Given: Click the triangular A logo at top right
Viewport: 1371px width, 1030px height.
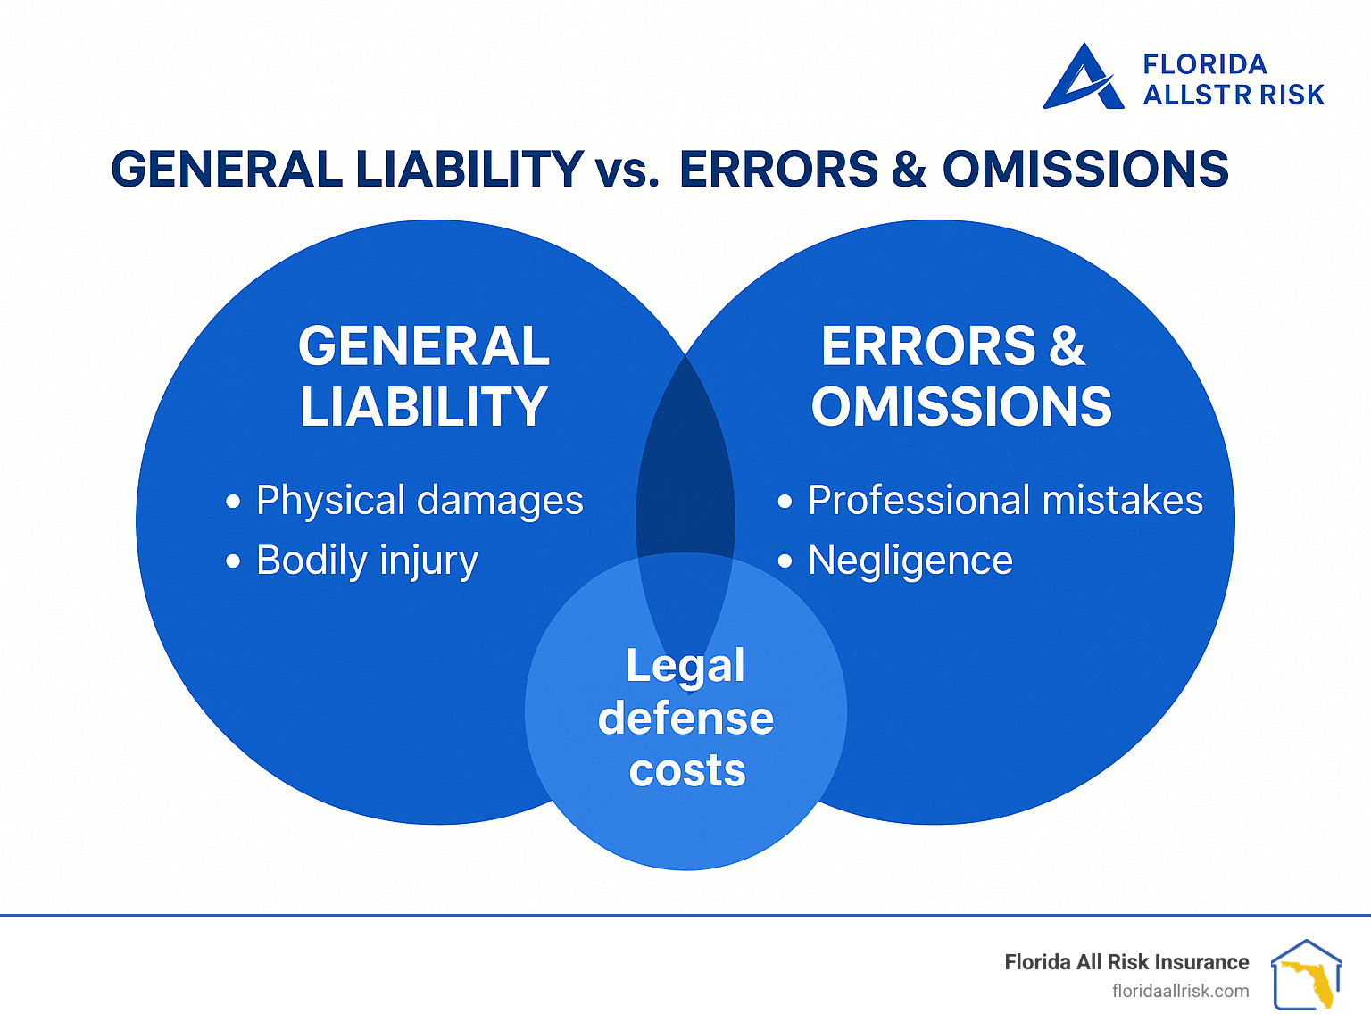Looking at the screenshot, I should (1082, 79).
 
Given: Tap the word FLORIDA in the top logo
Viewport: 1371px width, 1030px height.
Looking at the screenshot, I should (1204, 64).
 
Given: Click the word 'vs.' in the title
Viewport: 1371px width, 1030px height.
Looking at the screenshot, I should (627, 170).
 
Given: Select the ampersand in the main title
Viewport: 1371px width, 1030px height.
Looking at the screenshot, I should (908, 170).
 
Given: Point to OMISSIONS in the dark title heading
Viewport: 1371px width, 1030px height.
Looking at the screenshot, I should (1085, 170).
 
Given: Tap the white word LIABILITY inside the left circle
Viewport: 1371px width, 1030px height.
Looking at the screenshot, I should (423, 407).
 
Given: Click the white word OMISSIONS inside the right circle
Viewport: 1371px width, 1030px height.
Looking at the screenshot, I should (961, 407).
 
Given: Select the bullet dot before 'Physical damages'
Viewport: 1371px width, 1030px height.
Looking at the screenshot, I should (233, 502).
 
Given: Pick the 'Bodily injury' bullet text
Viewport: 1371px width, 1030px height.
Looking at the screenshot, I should (367, 561).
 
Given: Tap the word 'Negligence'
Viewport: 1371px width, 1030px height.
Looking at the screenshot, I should (910, 561).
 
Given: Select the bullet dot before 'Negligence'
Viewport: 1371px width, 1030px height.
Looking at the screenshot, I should (785, 561).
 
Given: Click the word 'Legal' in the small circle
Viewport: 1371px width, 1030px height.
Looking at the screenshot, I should (685, 666).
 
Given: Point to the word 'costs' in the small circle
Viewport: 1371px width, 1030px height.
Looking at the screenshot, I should (686, 770).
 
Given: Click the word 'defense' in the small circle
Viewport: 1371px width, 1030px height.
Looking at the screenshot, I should (685, 719).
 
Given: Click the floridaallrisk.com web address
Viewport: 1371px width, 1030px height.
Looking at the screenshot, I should (1180, 991).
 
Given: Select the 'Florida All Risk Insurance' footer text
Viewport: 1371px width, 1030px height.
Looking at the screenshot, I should (1126, 962).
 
